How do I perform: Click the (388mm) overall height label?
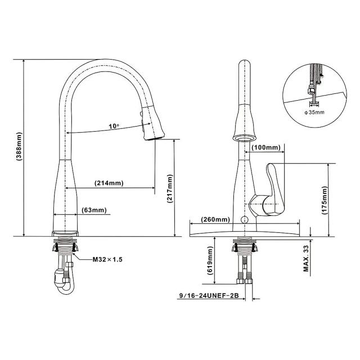click(19, 146)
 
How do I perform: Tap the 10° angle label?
click(114, 126)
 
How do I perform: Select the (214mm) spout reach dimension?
click(109, 183)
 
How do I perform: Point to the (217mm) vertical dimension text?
click(170, 189)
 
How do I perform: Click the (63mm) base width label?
click(94, 210)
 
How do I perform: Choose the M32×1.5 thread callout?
click(107, 260)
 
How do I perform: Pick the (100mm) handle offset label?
click(266, 147)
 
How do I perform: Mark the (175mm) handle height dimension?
click(325, 200)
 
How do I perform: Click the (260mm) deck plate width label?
click(215, 219)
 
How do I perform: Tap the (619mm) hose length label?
click(210, 260)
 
